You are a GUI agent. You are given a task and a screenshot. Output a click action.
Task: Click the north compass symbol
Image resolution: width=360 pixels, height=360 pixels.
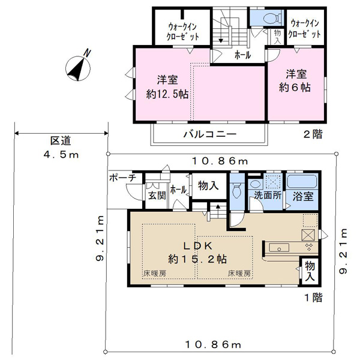(x=78, y=67)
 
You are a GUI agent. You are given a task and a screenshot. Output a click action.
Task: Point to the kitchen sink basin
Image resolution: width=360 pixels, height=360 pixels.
(x=279, y=248)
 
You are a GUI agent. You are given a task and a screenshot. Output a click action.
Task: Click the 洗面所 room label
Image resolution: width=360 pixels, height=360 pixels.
(x=268, y=196)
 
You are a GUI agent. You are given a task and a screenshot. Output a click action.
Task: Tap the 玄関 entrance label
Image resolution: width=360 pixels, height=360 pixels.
(x=157, y=196)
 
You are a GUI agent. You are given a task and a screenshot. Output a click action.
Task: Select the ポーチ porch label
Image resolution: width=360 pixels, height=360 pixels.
(x=122, y=178)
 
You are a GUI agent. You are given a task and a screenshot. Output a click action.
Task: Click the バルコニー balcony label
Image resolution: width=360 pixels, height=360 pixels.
(x=209, y=134)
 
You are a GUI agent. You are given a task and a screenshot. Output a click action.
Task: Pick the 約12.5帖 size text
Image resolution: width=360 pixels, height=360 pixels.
(x=167, y=94)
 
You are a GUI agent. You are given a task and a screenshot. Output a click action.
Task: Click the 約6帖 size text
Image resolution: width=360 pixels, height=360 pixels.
(x=295, y=88)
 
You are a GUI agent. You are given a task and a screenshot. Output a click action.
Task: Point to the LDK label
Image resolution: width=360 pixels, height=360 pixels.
(x=198, y=246)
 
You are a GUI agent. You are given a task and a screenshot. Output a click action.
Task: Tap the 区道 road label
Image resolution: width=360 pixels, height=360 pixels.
(x=61, y=141)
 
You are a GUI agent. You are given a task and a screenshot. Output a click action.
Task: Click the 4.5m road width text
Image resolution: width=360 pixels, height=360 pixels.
(x=61, y=155)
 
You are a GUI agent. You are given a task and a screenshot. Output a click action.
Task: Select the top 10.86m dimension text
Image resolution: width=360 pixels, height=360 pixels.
(x=220, y=161)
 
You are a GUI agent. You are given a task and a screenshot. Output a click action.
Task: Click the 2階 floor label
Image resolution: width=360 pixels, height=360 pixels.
(x=313, y=134)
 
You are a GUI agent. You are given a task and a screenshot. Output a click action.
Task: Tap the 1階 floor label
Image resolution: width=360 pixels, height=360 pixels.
(x=314, y=298)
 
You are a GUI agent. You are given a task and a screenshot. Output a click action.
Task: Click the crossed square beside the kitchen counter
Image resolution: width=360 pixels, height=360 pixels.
(x=308, y=235)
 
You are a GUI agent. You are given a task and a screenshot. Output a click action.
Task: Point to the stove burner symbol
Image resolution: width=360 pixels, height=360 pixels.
(x=309, y=247)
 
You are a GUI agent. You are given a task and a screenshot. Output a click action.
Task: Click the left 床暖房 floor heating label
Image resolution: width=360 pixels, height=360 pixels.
(x=155, y=274)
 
